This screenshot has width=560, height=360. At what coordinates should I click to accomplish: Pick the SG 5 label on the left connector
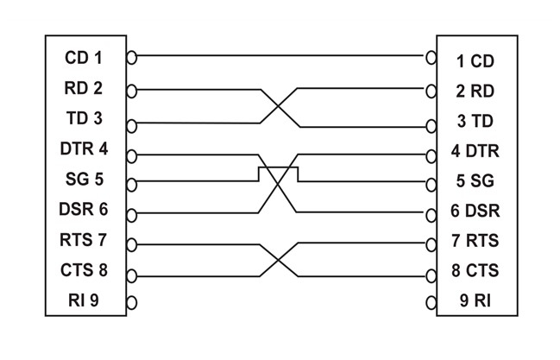point(84,180)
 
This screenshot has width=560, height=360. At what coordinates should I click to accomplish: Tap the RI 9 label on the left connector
point(86,300)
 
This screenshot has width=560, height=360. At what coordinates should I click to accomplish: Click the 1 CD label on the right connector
point(475,61)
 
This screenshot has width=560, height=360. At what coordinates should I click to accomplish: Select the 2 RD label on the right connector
point(475,90)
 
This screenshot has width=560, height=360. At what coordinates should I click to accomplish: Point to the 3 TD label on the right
point(475,120)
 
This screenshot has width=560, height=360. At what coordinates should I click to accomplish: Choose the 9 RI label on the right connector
point(474,302)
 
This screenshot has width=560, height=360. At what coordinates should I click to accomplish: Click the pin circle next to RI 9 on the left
point(132,302)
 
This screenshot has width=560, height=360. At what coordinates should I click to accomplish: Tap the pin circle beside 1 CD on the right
point(431,58)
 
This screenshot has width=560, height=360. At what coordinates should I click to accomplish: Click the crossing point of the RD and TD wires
point(278,105)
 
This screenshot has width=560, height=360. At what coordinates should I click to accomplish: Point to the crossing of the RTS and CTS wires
point(278,257)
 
